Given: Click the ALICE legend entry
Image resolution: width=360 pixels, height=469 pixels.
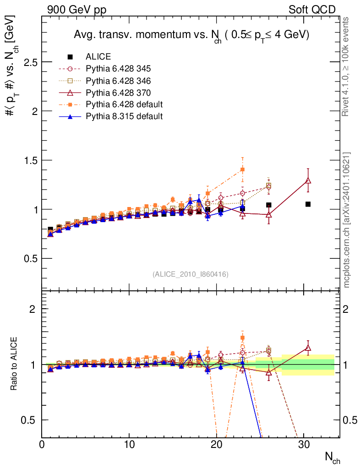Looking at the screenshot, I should pyautogui.click(x=98, y=57).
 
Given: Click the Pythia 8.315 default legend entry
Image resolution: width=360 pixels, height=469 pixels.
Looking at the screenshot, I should pyautogui.click(x=124, y=116).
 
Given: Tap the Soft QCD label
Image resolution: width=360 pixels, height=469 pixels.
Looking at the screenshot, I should pyautogui.click(x=312, y=10).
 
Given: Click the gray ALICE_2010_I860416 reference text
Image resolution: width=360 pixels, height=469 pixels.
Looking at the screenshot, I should pyautogui.click(x=191, y=274).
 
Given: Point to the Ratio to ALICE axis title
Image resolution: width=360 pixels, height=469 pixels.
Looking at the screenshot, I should pyautogui.click(x=14, y=364).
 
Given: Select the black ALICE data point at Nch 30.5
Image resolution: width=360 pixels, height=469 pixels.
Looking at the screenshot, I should pyautogui.click(x=308, y=204).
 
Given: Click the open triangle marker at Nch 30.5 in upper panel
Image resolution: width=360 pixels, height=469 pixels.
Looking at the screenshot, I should pyautogui.click(x=308, y=180).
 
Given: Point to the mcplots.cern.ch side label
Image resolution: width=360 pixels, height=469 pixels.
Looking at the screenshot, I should pyautogui.click(x=346, y=220).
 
